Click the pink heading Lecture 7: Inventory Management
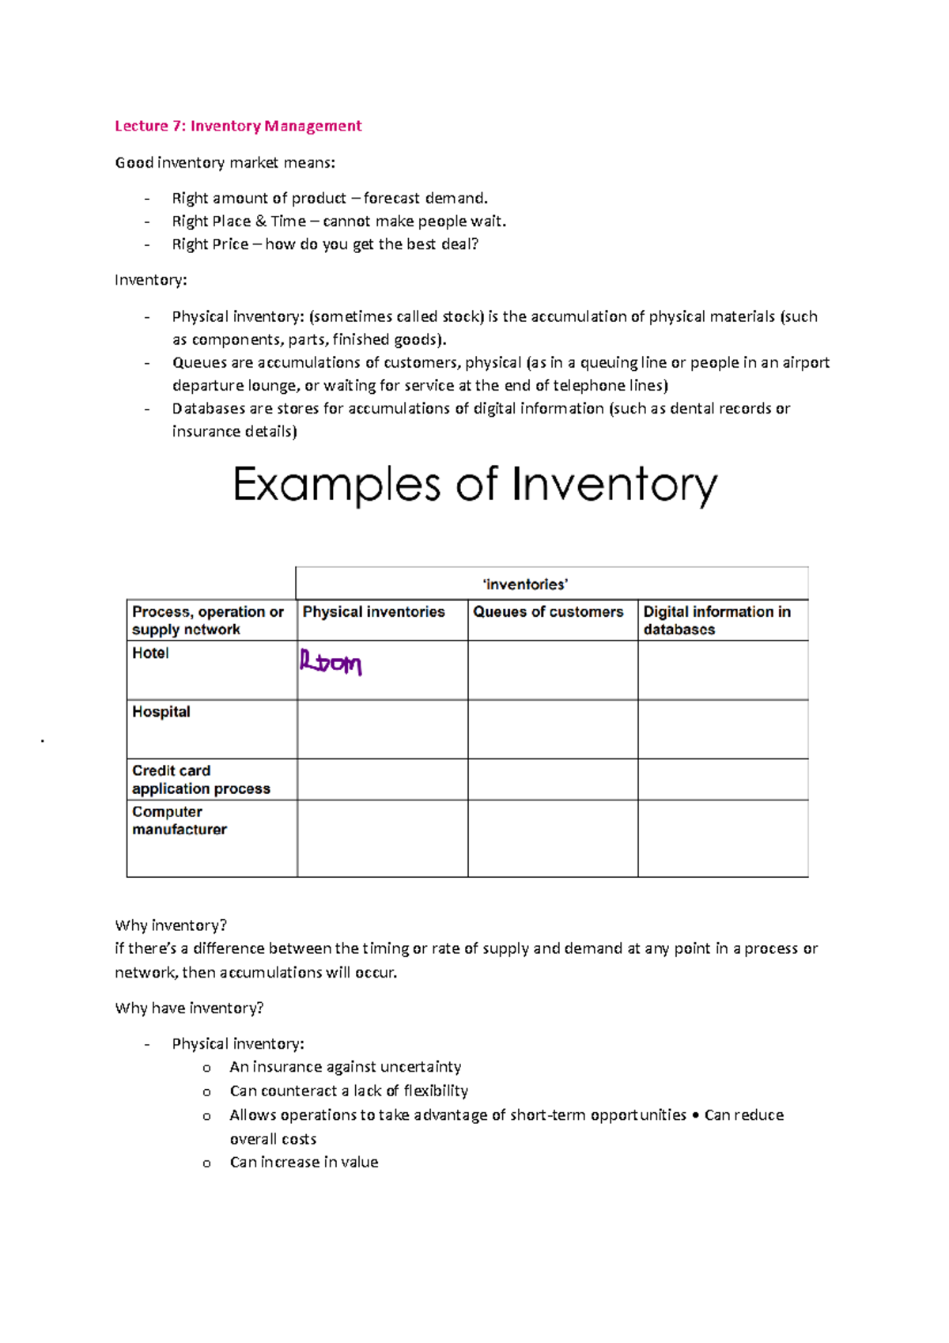pyautogui.click(x=238, y=126)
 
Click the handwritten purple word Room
pyautogui.click(x=331, y=663)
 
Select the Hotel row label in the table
pyautogui.click(x=150, y=653)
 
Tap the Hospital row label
pyautogui.click(x=161, y=712)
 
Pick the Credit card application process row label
pyautogui.click(x=201, y=780)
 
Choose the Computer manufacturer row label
pyautogui.click(x=180, y=821)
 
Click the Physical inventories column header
pyautogui.click(x=373, y=612)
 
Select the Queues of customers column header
pyautogui.click(x=548, y=612)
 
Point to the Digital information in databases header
pyautogui.click(x=716, y=621)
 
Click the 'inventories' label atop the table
pyautogui.click(x=525, y=584)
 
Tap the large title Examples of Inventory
pyautogui.click(x=475, y=485)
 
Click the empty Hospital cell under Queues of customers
pyautogui.click(x=553, y=729)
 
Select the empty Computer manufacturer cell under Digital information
pyautogui.click(x=723, y=838)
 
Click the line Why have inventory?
pyautogui.click(x=189, y=1008)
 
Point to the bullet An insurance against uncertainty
pyautogui.click(x=345, y=1067)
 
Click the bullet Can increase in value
pyautogui.click(x=304, y=1162)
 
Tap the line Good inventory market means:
pyautogui.click(x=225, y=163)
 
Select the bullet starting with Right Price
pyautogui.click(x=325, y=244)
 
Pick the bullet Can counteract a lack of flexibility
pyautogui.click(x=349, y=1091)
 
